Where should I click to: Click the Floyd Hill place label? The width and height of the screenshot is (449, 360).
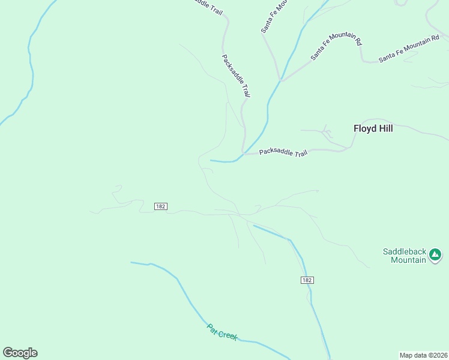point(373,128)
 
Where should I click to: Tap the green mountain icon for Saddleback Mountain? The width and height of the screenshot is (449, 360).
point(435,256)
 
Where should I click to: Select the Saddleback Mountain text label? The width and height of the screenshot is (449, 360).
point(405,256)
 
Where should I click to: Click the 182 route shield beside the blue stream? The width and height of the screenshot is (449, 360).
point(307,280)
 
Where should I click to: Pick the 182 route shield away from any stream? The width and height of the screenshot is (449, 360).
point(160,206)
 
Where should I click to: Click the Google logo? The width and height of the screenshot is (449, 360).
point(20,353)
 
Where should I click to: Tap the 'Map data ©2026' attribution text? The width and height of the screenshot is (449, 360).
point(423,355)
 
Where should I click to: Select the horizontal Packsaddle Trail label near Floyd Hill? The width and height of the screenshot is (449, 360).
point(283,152)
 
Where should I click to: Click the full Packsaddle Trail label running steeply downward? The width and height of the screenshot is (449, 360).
point(236,76)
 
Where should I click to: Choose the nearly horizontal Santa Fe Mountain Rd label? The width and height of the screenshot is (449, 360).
point(409,49)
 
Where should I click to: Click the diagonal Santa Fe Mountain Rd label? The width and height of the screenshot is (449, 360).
point(336,46)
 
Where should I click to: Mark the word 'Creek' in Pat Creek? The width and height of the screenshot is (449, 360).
point(228,335)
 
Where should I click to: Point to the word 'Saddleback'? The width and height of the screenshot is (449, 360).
point(405,251)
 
